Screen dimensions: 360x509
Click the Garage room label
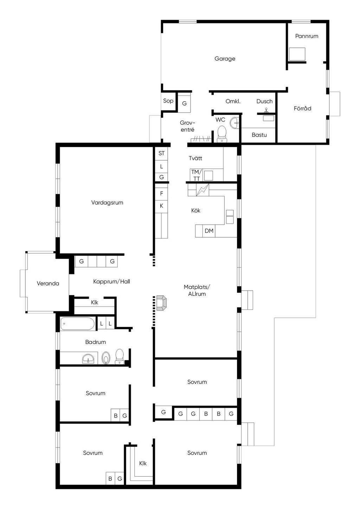point(225,59)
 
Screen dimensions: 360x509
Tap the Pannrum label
point(307,36)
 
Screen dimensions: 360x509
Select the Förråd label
point(302,108)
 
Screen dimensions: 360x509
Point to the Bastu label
point(259,135)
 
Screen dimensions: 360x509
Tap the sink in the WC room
point(234,123)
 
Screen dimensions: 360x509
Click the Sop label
point(168,101)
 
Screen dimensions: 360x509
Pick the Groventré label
point(187,126)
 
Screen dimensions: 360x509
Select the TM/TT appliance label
point(196,175)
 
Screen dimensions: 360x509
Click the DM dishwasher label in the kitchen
point(209,231)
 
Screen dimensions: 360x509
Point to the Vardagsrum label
point(107,202)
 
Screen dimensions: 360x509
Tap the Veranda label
point(48,283)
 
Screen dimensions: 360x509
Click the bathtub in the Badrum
point(77,324)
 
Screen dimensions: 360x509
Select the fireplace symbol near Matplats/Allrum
point(161,303)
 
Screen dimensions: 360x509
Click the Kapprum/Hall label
point(111,282)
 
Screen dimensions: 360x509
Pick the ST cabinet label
point(161,153)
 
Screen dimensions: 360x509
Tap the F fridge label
point(162,193)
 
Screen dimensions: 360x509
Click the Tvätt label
point(195,158)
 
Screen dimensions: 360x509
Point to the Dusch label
point(264,101)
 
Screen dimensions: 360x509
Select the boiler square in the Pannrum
point(297,54)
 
